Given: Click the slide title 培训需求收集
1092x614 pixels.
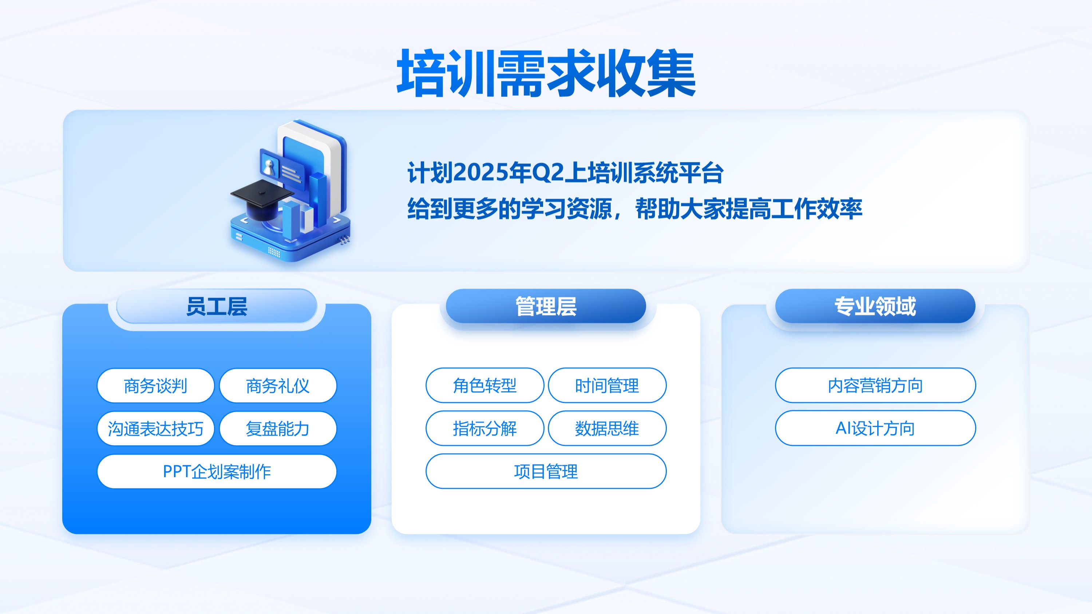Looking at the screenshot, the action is (546, 72).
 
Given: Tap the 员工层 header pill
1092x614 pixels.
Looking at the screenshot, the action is (217, 306).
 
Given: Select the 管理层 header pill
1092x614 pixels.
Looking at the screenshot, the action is (546, 306).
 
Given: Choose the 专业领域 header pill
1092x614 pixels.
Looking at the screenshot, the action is (875, 306).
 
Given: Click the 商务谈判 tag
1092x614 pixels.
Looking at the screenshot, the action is (155, 385).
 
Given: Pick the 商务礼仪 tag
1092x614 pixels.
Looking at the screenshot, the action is (278, 385).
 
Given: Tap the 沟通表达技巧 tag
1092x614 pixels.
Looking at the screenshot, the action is (155, 428).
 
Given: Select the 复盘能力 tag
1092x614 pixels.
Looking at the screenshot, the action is (278, 428).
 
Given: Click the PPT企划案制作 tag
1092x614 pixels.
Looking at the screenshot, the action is (217, 471).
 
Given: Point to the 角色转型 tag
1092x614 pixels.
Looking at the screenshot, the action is (485, 385).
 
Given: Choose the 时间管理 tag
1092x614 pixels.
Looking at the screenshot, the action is (607, 385).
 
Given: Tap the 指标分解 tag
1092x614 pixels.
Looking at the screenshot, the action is (485, 428).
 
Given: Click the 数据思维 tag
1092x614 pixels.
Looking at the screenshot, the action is (607, 428).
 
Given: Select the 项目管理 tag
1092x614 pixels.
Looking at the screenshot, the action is (546, 471).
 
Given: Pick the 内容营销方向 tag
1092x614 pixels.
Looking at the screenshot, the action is (875, 385).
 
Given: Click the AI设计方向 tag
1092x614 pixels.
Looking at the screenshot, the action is (875, 428).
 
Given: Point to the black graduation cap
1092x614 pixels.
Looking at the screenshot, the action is (262, 199).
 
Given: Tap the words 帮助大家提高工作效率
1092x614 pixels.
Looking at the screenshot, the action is (749, 209).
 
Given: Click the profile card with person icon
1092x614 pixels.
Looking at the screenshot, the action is (282, 167).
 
